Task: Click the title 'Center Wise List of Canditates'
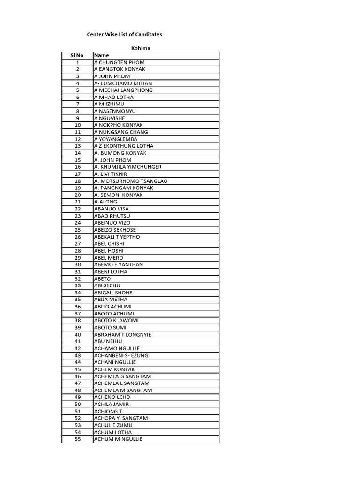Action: point(125,34)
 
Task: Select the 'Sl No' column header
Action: point(77,55)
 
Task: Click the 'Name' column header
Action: point(102,55)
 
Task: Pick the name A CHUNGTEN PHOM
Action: point(119,62)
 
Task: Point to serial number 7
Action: point(77,104)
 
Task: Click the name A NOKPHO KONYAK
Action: point(118,125)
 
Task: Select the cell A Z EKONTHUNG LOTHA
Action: point(123,146)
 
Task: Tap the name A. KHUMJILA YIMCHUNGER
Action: point(127,167)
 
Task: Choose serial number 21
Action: point(77,202)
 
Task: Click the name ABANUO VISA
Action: point(111,209)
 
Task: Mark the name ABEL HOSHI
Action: point(109,251)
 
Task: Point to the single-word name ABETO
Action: point(102,279)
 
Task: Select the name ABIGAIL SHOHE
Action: point(113,292)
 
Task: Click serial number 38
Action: point(77,321)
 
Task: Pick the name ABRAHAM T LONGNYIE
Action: point(122,335)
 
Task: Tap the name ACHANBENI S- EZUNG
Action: point(121,355)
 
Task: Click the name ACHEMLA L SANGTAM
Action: point(122,383)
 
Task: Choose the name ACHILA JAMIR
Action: point(111,404)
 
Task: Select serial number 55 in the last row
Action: point(77,439)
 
